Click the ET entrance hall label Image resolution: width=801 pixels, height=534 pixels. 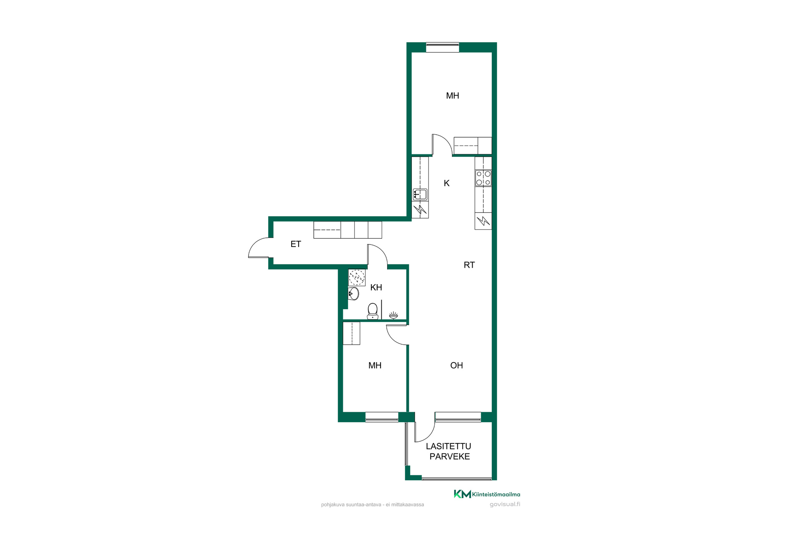tap(296, 244)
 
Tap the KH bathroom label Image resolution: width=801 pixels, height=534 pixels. tap(376, 287)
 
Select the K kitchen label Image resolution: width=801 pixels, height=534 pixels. tap(447, 183)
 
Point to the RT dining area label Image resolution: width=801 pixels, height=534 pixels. tap(469, 265)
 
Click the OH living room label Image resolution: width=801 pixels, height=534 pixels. tap(456, 365)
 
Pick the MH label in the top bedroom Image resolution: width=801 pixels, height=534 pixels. tap(453, 96)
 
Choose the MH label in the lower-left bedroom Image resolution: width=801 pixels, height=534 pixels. tap(375, 365)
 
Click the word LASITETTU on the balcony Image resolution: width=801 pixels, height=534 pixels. tap(448, 446)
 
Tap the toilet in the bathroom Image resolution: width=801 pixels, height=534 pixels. tap(373, 311)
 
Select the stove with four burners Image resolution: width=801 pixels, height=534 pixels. tap(483, 178)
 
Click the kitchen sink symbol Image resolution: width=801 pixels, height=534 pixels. tap(420, 194)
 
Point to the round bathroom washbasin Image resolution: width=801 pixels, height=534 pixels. tap(353, 294)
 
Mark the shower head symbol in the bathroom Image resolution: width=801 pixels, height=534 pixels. tap(393, 315)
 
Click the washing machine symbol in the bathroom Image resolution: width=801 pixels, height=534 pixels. tap(357, 277)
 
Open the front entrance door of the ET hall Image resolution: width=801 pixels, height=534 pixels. tap(259, 248)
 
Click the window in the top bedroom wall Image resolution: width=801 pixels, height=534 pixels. tap(443, 47)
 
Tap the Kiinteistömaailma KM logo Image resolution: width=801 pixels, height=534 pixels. tap(487, 494)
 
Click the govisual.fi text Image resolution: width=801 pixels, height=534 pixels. tap(505, 504)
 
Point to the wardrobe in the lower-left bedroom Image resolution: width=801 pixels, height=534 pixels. tap(351, 333)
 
